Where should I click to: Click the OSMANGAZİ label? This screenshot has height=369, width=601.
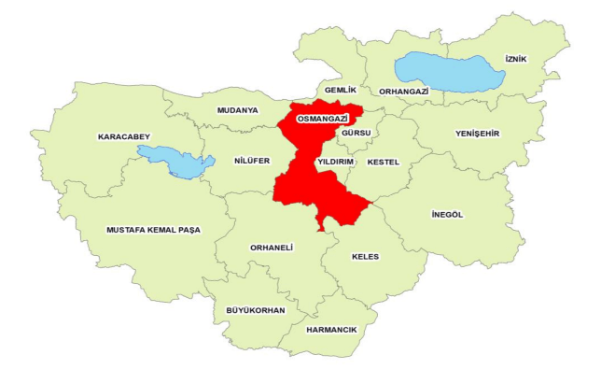(315, 121)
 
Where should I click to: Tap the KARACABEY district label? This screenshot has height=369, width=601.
(123, 137)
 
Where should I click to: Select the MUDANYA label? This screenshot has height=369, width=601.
(237, 110)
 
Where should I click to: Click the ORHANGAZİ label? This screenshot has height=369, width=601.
(403, 92)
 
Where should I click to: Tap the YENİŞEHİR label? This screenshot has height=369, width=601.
(477, 133)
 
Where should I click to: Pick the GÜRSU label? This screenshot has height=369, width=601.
(356, 133)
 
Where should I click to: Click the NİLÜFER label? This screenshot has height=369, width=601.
(252, 161)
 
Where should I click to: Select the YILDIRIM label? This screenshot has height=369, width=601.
(336, 162)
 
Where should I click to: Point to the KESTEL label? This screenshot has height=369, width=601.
(384, 162)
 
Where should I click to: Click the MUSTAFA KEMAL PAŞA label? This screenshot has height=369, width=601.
(153, 229)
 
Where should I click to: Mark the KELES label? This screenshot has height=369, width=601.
(365, 256)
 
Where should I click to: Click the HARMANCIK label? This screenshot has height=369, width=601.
(332, 329)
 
